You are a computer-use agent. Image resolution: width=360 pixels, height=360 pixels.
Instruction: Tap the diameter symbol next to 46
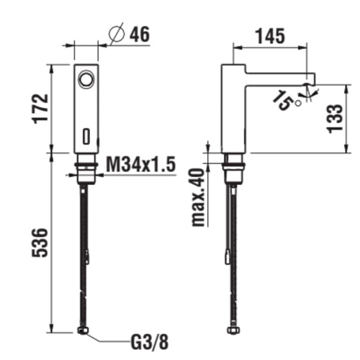click(x=119, y=34)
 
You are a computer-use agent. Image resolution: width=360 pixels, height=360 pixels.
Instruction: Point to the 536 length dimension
click(x=41, y=244)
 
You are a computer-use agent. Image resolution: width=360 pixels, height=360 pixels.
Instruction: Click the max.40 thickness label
click(x=197, y=198)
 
